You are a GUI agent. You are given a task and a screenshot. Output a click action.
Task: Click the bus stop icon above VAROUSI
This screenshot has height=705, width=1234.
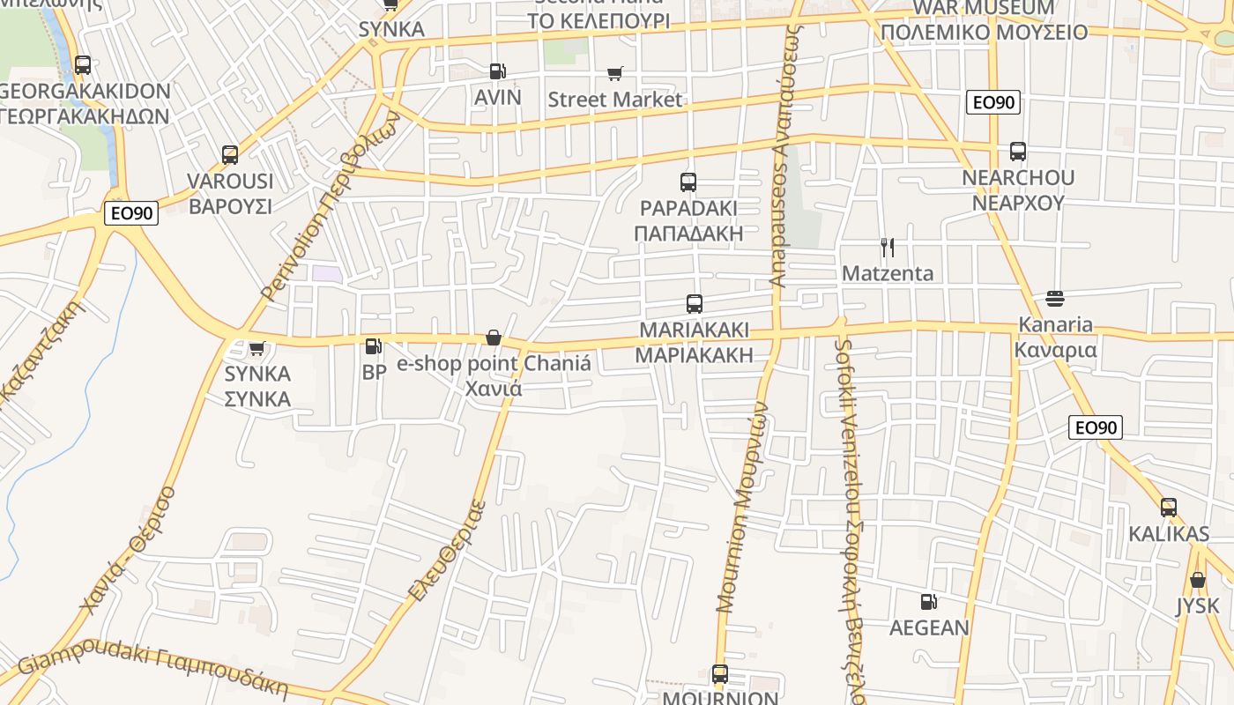tap(230, 155)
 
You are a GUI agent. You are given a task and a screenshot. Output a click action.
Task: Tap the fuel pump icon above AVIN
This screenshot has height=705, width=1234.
tap(498, 70)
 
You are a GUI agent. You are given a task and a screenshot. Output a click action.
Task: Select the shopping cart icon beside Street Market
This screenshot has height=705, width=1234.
tap(614, 74)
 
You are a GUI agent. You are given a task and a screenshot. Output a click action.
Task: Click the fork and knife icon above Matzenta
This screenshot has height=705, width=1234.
tap(888, 248)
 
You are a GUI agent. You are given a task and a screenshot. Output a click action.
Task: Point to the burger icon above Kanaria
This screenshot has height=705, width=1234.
tap(1055, 299)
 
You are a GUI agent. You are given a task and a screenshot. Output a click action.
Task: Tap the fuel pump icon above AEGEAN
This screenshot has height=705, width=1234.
tap(928, 602)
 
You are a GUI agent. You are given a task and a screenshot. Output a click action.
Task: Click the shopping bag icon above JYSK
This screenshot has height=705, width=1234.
tap(1197, 580)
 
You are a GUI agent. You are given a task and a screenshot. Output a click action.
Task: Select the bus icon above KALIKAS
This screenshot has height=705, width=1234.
tap(1169, 508)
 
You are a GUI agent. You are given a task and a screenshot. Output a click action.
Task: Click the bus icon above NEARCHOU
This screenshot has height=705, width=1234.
tap(1018, 152)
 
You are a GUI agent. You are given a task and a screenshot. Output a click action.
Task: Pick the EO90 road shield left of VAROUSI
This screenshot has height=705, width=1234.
tap(131, 213)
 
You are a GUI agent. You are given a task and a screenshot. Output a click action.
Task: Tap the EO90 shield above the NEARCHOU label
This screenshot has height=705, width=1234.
tap(993, 102)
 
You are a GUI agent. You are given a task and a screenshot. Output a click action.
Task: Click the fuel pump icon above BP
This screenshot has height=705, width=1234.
tap(374, 347)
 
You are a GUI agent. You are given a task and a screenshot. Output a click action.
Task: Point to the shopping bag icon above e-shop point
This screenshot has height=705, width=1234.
tap(494, 338)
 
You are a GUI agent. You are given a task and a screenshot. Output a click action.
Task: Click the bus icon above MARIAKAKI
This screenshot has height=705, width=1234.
tap(695, 304)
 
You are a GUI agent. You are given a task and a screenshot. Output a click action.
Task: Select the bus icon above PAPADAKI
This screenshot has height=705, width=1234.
tap(688, 182)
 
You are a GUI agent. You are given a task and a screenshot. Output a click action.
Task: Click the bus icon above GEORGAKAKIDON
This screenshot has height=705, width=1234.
tap(82, 65)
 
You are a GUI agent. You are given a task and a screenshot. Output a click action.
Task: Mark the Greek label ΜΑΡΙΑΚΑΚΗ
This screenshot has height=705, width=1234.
tap(695, 355)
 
